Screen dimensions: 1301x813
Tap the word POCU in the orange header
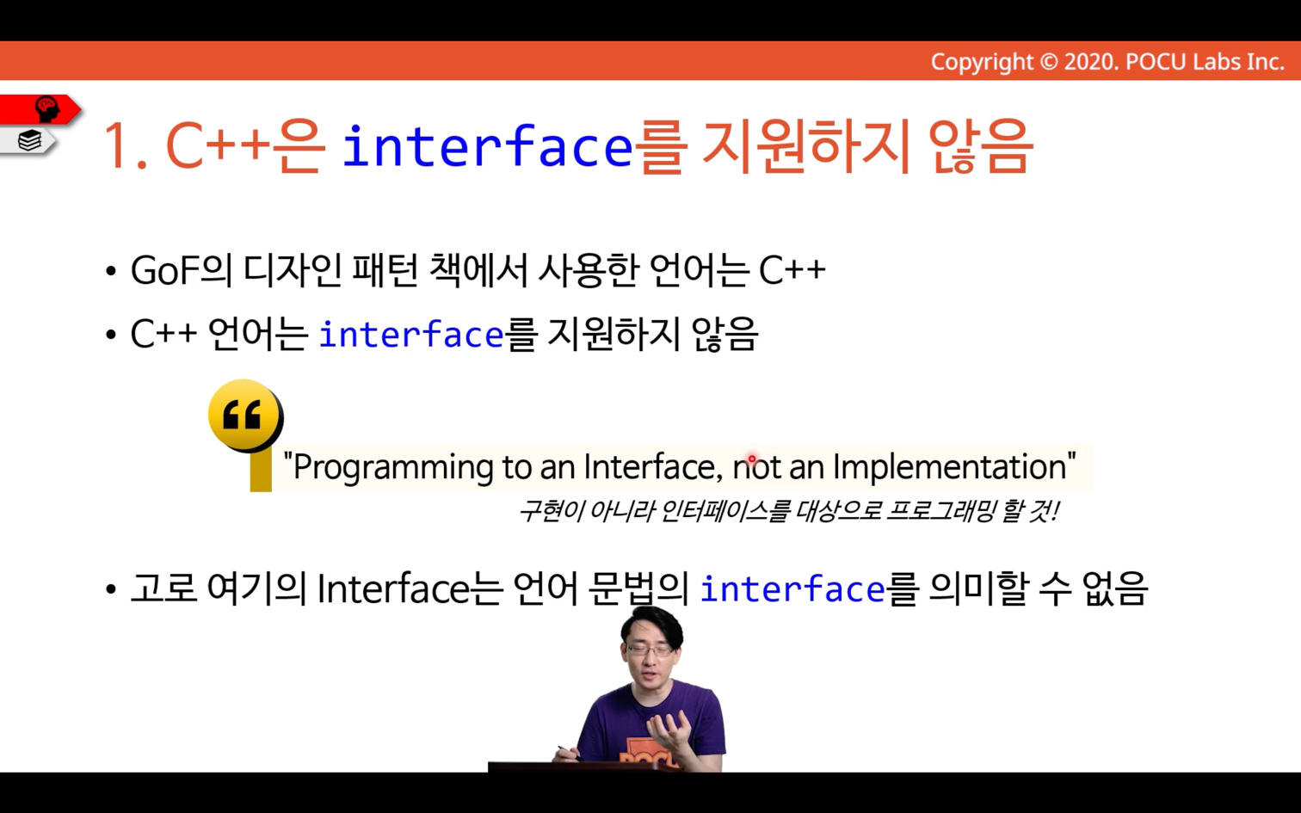[1156, 62]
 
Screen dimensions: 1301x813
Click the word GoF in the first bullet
[165, 270]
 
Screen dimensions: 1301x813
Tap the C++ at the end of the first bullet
[792, 270]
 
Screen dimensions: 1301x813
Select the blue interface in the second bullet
[411, 335]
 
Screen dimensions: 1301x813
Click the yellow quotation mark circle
[246, 415]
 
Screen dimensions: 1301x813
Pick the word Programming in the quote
[392, 467]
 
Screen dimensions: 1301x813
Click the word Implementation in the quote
[950, 467]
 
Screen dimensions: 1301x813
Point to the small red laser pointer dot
[751, 459]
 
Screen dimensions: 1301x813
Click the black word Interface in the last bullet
[393, 588]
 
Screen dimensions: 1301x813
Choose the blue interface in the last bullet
[792, 589]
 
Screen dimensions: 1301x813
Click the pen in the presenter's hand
[570, 753]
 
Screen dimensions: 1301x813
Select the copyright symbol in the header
[1048, 62]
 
